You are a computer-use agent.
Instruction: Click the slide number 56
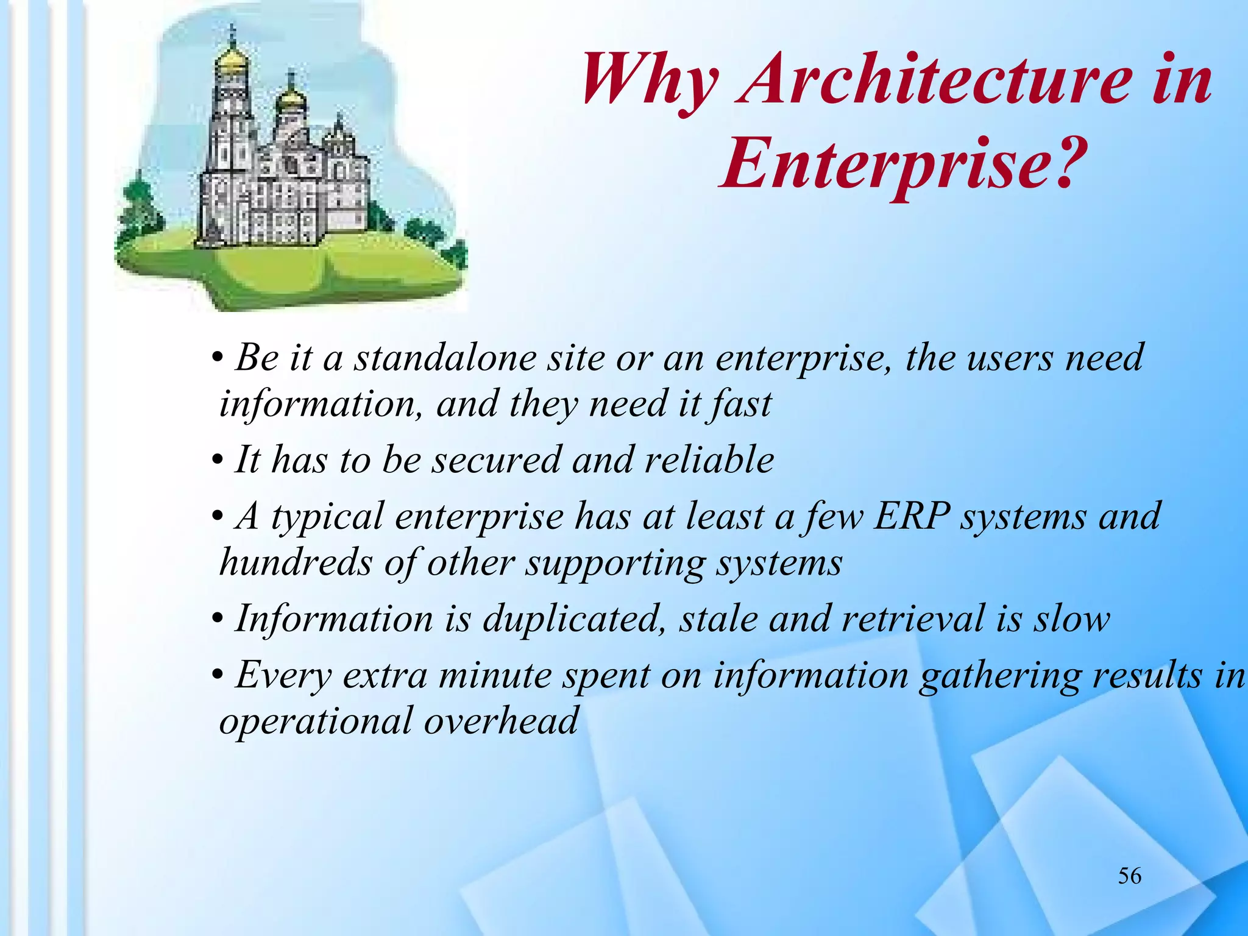coord(1129,876)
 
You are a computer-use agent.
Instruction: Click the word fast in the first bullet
coord(741,404)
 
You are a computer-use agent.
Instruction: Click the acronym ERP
coord(912,517)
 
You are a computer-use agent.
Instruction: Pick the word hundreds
coord(296,562)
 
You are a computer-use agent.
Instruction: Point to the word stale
coord(717,619)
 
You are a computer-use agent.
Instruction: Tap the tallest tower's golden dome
coord(232,60)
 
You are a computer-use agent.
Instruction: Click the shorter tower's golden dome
coord(291,97)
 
